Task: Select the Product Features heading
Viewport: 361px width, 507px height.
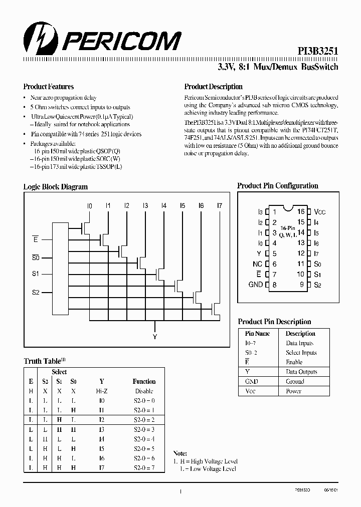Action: [x=49, y=87]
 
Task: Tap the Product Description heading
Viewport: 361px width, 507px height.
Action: [x=213, y=87]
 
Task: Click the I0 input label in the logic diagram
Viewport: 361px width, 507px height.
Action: [x=89, y=206]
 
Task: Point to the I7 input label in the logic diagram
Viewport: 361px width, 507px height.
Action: [x=219, y=206]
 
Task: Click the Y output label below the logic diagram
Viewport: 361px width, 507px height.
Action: [x=154, y=337]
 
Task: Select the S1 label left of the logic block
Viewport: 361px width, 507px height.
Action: [x=36, y=274]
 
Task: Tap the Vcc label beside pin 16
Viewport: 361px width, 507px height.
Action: [x=320, y=212]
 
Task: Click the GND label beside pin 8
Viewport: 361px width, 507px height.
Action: [x=256, y=285]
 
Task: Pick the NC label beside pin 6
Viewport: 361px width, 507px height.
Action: [x=257, y=264]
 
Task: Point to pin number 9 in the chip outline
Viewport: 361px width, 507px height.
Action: [x=302, y=285]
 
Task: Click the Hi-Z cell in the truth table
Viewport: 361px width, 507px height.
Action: [x=102, y=391]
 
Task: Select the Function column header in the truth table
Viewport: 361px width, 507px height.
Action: [x=144, y=381]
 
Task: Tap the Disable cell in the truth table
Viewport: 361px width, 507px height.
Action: [x=144, y=391]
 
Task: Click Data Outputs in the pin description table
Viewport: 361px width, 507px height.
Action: [x=301, y=372]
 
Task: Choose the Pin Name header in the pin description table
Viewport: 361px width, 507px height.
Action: [x=257, y=334]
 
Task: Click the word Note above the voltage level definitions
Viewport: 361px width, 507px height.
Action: [x=180, y=453]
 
